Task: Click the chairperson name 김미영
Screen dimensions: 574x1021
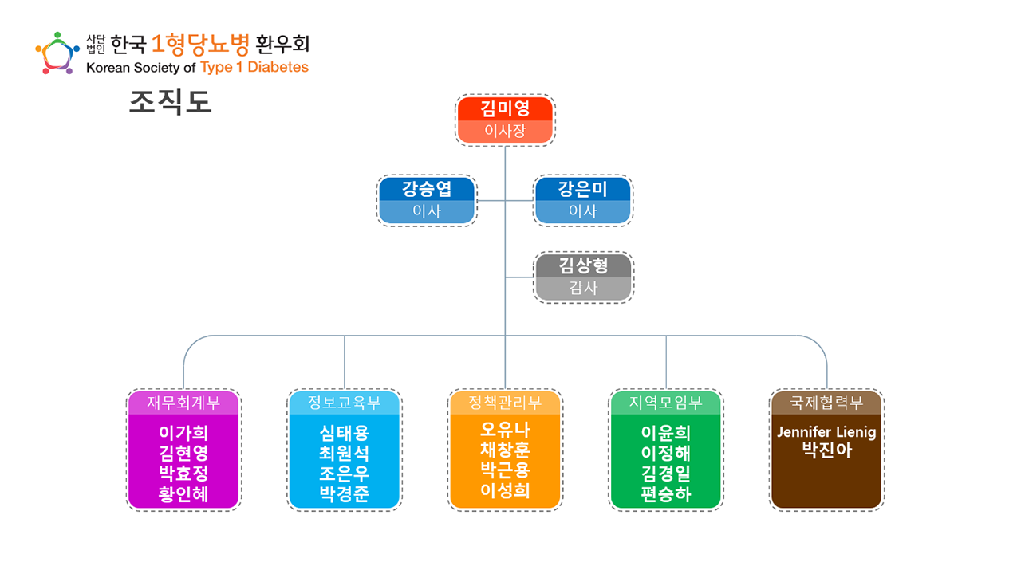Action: (x=505, y=108)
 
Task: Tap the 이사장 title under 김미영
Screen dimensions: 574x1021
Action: (x=505, y=132)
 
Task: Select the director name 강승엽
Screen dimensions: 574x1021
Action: (x=427, y=189)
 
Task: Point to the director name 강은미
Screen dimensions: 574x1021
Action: (x=583, y=189)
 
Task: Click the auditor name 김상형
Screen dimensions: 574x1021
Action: (x=583, y=265)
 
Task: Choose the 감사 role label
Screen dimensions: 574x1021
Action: (x=583, y=289)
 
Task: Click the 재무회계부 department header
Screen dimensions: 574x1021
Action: (x=183, y=403)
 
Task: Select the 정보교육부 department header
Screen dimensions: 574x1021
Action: (x=345, y=403)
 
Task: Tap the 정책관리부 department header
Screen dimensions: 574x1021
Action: (x=505, y=403)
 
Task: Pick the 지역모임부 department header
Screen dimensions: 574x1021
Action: (x=666, y=403)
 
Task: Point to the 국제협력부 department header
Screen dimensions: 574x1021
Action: (x=826, y=403)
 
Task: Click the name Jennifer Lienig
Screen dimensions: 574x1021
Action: (x=826, y=432)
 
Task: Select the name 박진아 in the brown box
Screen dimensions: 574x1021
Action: (x=826, y=450)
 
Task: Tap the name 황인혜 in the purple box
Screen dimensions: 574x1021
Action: (x=183, y=494)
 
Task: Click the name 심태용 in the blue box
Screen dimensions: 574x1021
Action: (x=345, y=433)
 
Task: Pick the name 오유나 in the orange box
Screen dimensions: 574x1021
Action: (x=505, y=431)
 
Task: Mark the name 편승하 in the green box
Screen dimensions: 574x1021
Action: (x=666, y=494)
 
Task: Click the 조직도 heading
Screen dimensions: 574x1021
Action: (x=170, y=103)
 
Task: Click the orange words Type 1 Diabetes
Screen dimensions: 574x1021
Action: (x=254, y=67)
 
